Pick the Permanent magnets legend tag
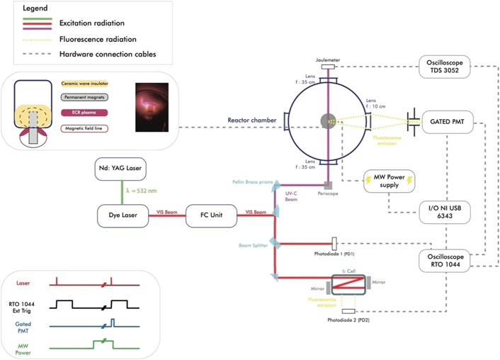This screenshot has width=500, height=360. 89,96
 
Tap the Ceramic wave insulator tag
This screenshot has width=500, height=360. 89,83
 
